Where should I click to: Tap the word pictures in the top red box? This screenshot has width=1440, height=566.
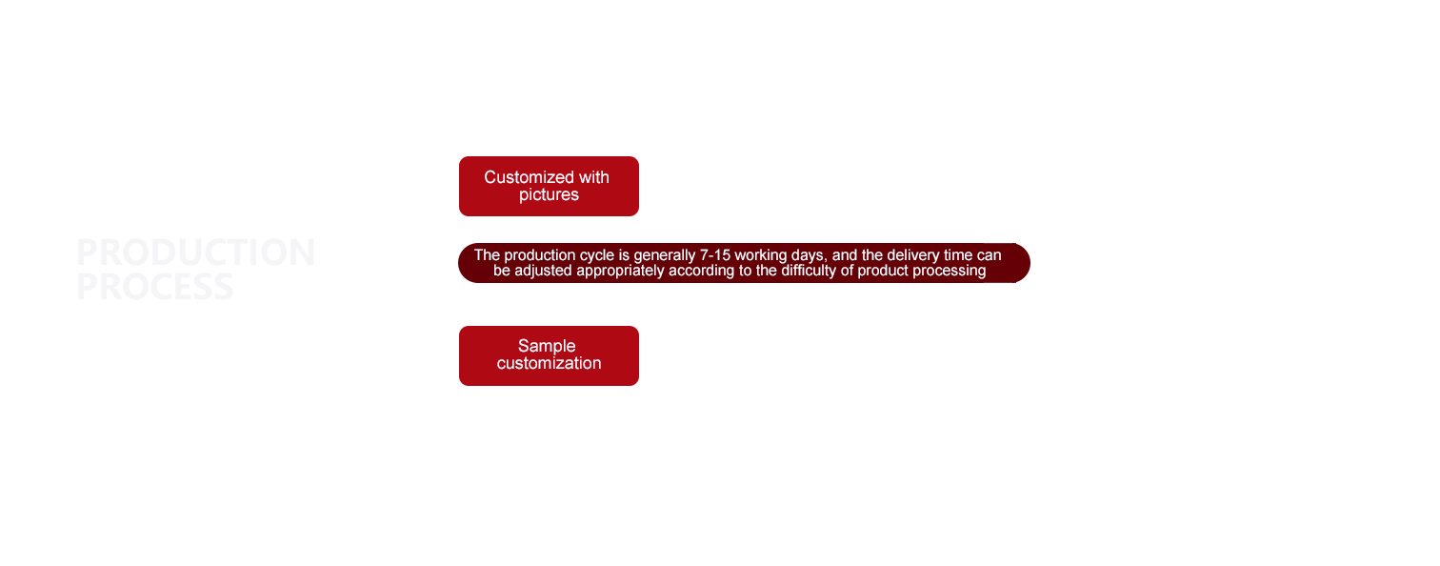[549, 195]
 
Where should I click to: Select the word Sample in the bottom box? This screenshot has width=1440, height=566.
[547, 346]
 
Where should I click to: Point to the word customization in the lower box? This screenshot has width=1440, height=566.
[549, 364]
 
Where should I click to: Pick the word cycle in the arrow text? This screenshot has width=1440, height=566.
[597, 255]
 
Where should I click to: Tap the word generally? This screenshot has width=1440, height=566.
[668, 255]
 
